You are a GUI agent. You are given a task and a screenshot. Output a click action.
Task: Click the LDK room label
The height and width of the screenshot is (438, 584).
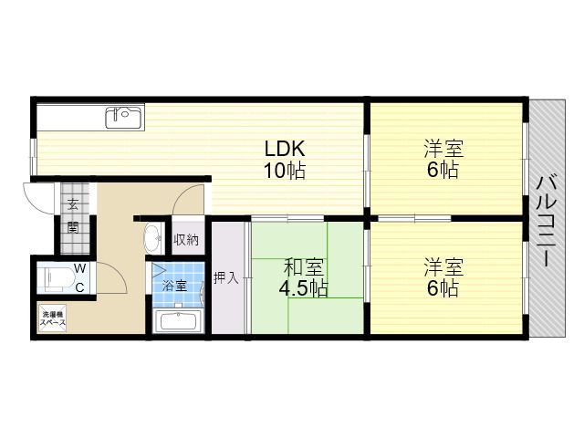point(285,148)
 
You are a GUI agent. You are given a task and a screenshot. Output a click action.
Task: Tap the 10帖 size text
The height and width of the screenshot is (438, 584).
point(285,171)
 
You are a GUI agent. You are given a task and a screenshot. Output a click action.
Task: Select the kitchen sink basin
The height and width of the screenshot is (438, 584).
point(124,118)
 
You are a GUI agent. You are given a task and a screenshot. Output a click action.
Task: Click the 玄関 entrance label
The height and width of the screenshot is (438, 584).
point(73,215)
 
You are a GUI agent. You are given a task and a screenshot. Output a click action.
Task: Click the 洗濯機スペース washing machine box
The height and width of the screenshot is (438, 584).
point(53,318)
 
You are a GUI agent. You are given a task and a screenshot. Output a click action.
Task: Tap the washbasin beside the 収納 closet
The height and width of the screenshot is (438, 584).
point(153,237)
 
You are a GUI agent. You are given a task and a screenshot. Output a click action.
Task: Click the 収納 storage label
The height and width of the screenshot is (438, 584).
point(186,240)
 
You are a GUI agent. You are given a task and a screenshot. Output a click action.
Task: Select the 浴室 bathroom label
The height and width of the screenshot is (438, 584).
point(174,287)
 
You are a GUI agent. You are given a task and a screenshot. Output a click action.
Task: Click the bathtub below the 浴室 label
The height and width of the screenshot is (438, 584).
point(178,320)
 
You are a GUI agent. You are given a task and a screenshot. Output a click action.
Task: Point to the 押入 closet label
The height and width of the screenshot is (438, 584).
point(226,277)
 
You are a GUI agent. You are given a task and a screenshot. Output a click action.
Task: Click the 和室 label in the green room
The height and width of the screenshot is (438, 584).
point(303,267)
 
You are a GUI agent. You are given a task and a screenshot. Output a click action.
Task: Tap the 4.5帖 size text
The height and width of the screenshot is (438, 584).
point(304,288)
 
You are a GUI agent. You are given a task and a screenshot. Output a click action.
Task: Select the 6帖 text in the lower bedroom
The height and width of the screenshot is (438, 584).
point(443,287)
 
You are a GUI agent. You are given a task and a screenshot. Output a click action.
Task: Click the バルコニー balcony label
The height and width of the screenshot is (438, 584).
point(547,222)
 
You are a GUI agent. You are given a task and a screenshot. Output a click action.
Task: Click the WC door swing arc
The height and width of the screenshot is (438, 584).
point(119,272)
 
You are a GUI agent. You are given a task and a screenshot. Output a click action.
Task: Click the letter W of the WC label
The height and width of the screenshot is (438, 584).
point(80,268)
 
